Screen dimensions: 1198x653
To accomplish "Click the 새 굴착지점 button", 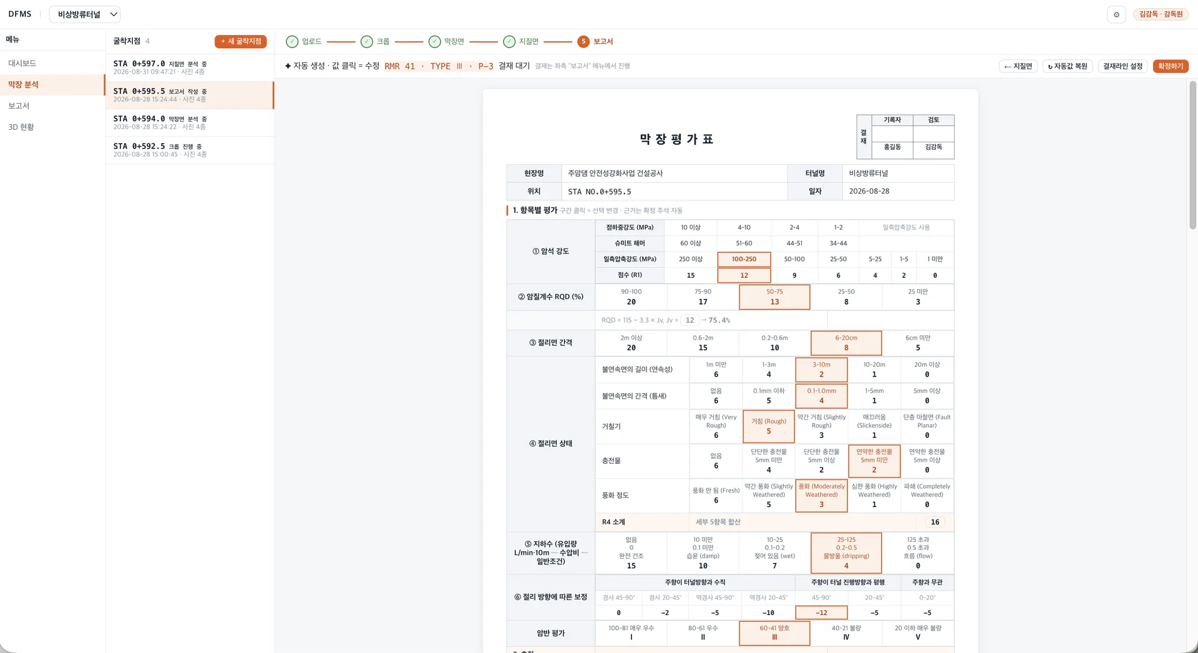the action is [240, 41].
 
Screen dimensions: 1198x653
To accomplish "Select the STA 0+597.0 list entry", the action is [190, 67].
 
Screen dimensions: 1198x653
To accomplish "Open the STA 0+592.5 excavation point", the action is [190, 150].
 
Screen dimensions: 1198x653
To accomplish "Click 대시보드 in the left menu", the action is [22, 63].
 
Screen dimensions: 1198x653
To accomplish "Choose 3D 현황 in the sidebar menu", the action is [21, 127].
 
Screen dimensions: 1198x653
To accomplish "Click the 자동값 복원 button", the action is [1068, 66].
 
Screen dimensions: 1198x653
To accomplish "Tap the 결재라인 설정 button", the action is [1123, 66].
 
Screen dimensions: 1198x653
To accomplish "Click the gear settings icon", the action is [1116, 14].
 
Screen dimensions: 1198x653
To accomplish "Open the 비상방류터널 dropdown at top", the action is [84, 14].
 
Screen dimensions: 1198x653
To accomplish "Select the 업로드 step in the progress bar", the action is [304, 41].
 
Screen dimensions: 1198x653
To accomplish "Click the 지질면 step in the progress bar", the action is [521, 41].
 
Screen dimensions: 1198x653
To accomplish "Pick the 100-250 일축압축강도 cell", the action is [744, 259].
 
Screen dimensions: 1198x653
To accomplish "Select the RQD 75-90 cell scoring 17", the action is [703, 297].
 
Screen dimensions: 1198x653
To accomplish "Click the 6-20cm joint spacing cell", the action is [846, 343].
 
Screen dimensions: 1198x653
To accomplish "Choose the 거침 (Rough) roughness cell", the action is [769, 426].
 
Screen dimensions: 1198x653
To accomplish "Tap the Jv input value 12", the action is [689, 320].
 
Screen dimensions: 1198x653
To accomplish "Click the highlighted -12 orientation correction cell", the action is [821, 613].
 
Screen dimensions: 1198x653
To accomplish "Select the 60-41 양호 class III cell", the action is [774, 633].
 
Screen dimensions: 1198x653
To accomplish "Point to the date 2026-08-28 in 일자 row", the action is [869, 192].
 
